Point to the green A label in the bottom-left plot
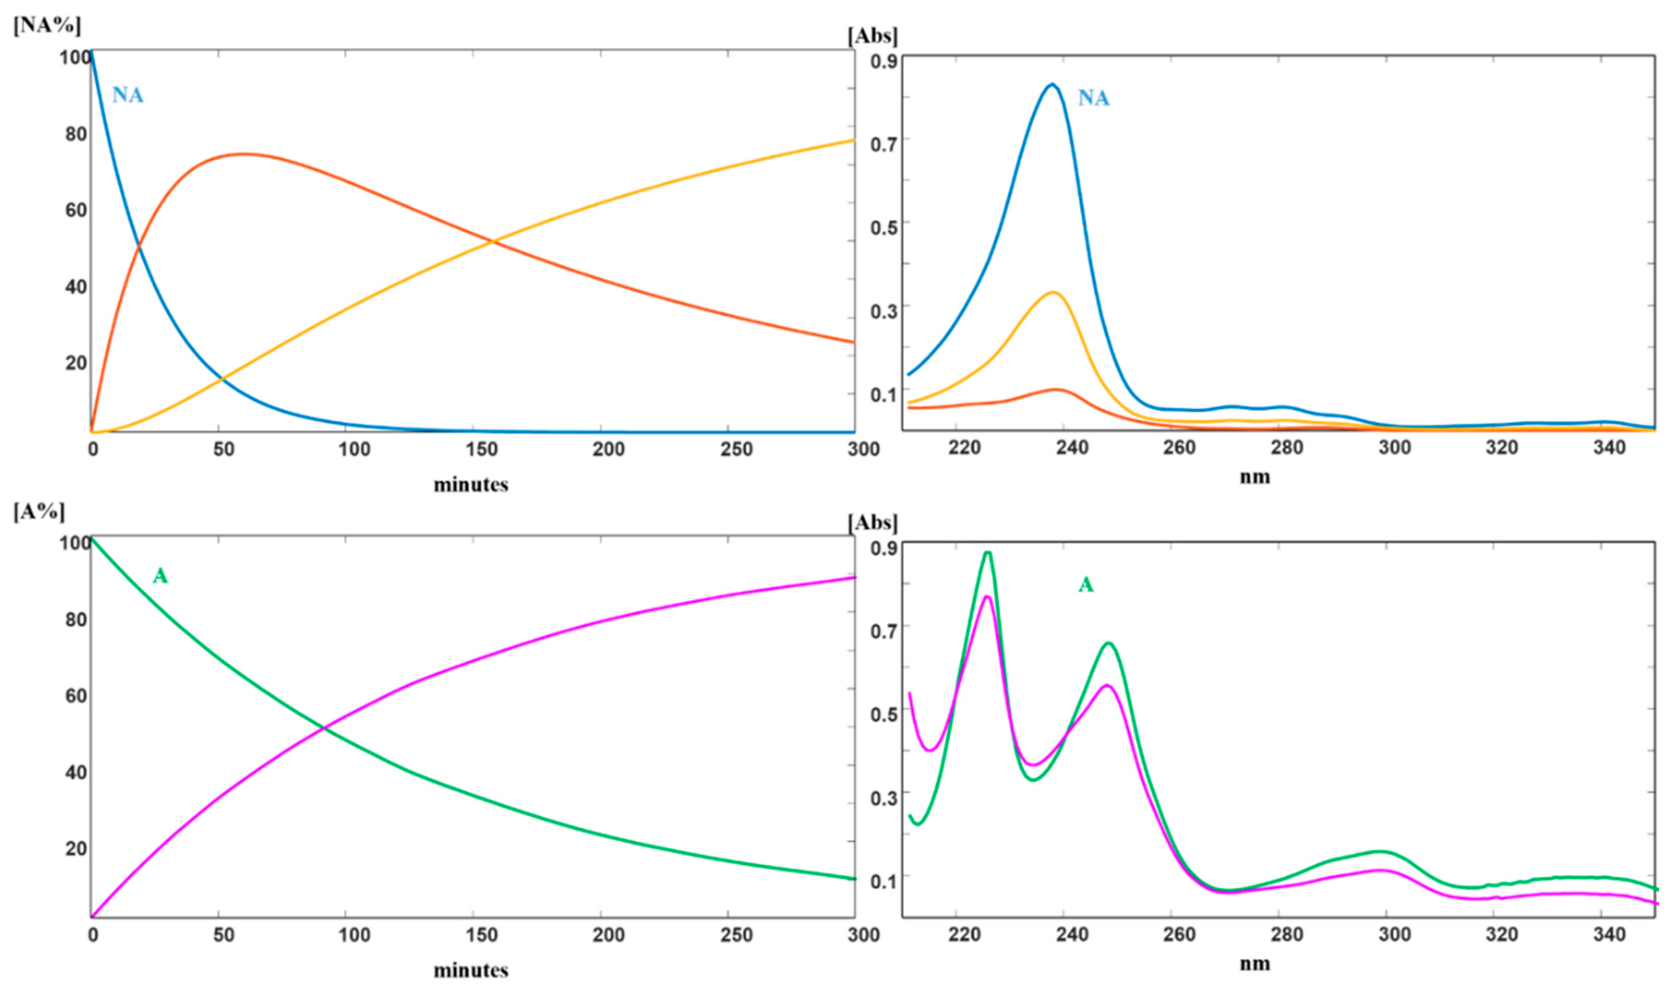click(160, 576)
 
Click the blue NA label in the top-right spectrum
click(1093, 99)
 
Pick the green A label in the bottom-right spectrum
click(1085, 585)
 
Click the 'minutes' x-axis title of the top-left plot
click(471, 484)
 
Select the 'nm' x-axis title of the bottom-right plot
click(1254, 964)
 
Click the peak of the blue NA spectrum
click(1051, 85)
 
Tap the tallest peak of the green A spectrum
click(988, 553)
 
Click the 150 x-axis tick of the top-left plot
click(482, 450)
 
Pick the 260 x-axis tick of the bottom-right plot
click(1179, 935)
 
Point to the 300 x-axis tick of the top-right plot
click(1394, 448)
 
